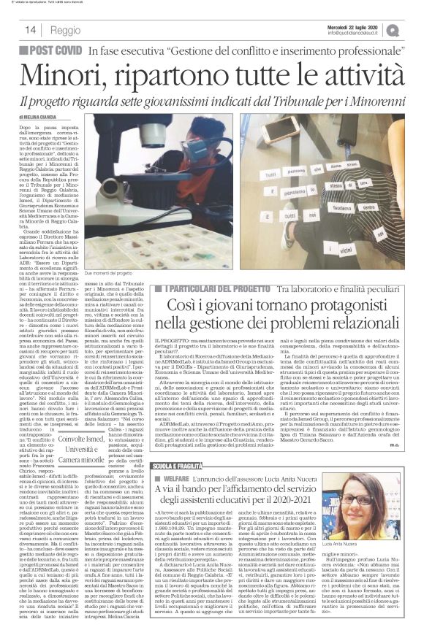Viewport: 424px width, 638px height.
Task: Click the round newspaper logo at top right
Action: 414,29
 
